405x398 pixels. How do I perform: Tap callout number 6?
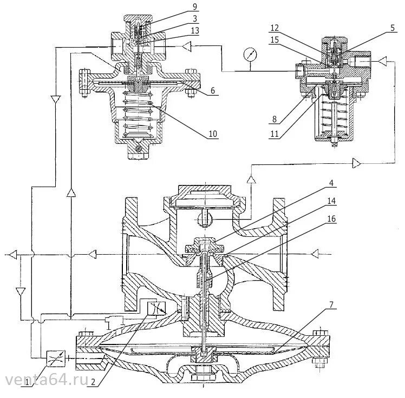click(x=213, y=91)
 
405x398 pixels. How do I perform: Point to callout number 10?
click(x=212, y=134)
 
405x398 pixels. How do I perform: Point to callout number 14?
click(x=330, y=201)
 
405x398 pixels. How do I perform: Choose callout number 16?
click(x=330, y=220)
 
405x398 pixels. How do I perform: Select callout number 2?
click(x=94, y=382)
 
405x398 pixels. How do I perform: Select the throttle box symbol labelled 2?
click(x=155, y=309)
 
